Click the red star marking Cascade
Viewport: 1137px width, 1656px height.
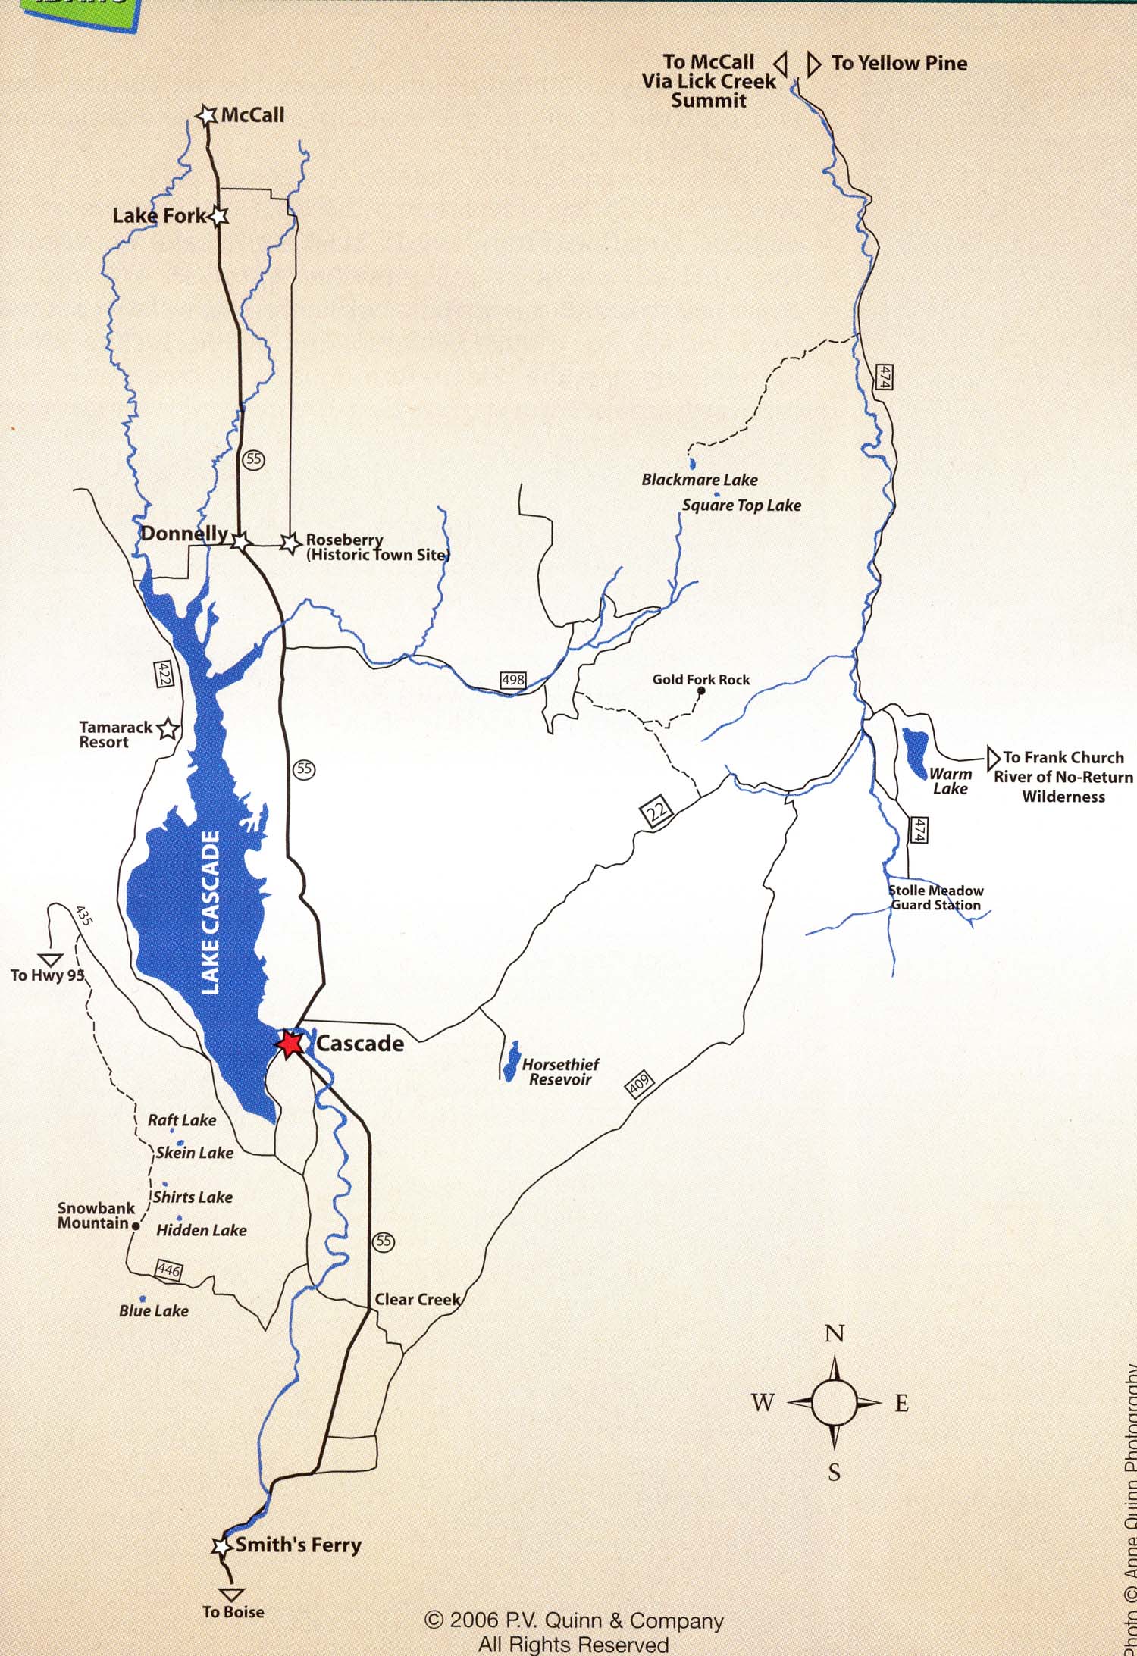pyautogui.click(x=290, y=1044)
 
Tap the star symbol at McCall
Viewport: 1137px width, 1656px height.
pyautogui.click(x=206, y=115)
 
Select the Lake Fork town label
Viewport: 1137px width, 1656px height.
pyautogui.click(x=159, y=216)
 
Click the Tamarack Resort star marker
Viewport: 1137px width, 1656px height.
pyautogui.click(x=168, y=730)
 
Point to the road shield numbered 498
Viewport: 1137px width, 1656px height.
pyautogui.click(x=513, y=680)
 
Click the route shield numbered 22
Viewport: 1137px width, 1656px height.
pyautogui.click(x=656, y=812)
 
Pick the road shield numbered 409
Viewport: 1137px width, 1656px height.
pyautogui.click(x=638, y=1085)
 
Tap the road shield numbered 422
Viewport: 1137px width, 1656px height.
pyautogui.click(x=163, y=675)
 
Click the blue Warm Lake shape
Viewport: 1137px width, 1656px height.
pyautogui.click(x=914, y=749)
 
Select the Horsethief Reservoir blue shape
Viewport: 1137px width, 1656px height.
pyautogui.click(x=511, y=1061)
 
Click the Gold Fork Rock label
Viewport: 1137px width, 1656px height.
pyautogui.click(x=700, y=680)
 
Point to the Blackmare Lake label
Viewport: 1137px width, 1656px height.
pyautogui.click(x=699, y=480)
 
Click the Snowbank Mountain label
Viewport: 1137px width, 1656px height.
pyautogui.click(x=95, y=1216)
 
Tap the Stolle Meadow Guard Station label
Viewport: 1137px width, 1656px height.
pyautogui.click(x=935, y=898)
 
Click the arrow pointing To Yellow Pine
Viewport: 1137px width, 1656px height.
pyautogui.click(x=813, y=64)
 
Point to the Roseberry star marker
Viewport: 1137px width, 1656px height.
pyautogui.click(x=289, y=543)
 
